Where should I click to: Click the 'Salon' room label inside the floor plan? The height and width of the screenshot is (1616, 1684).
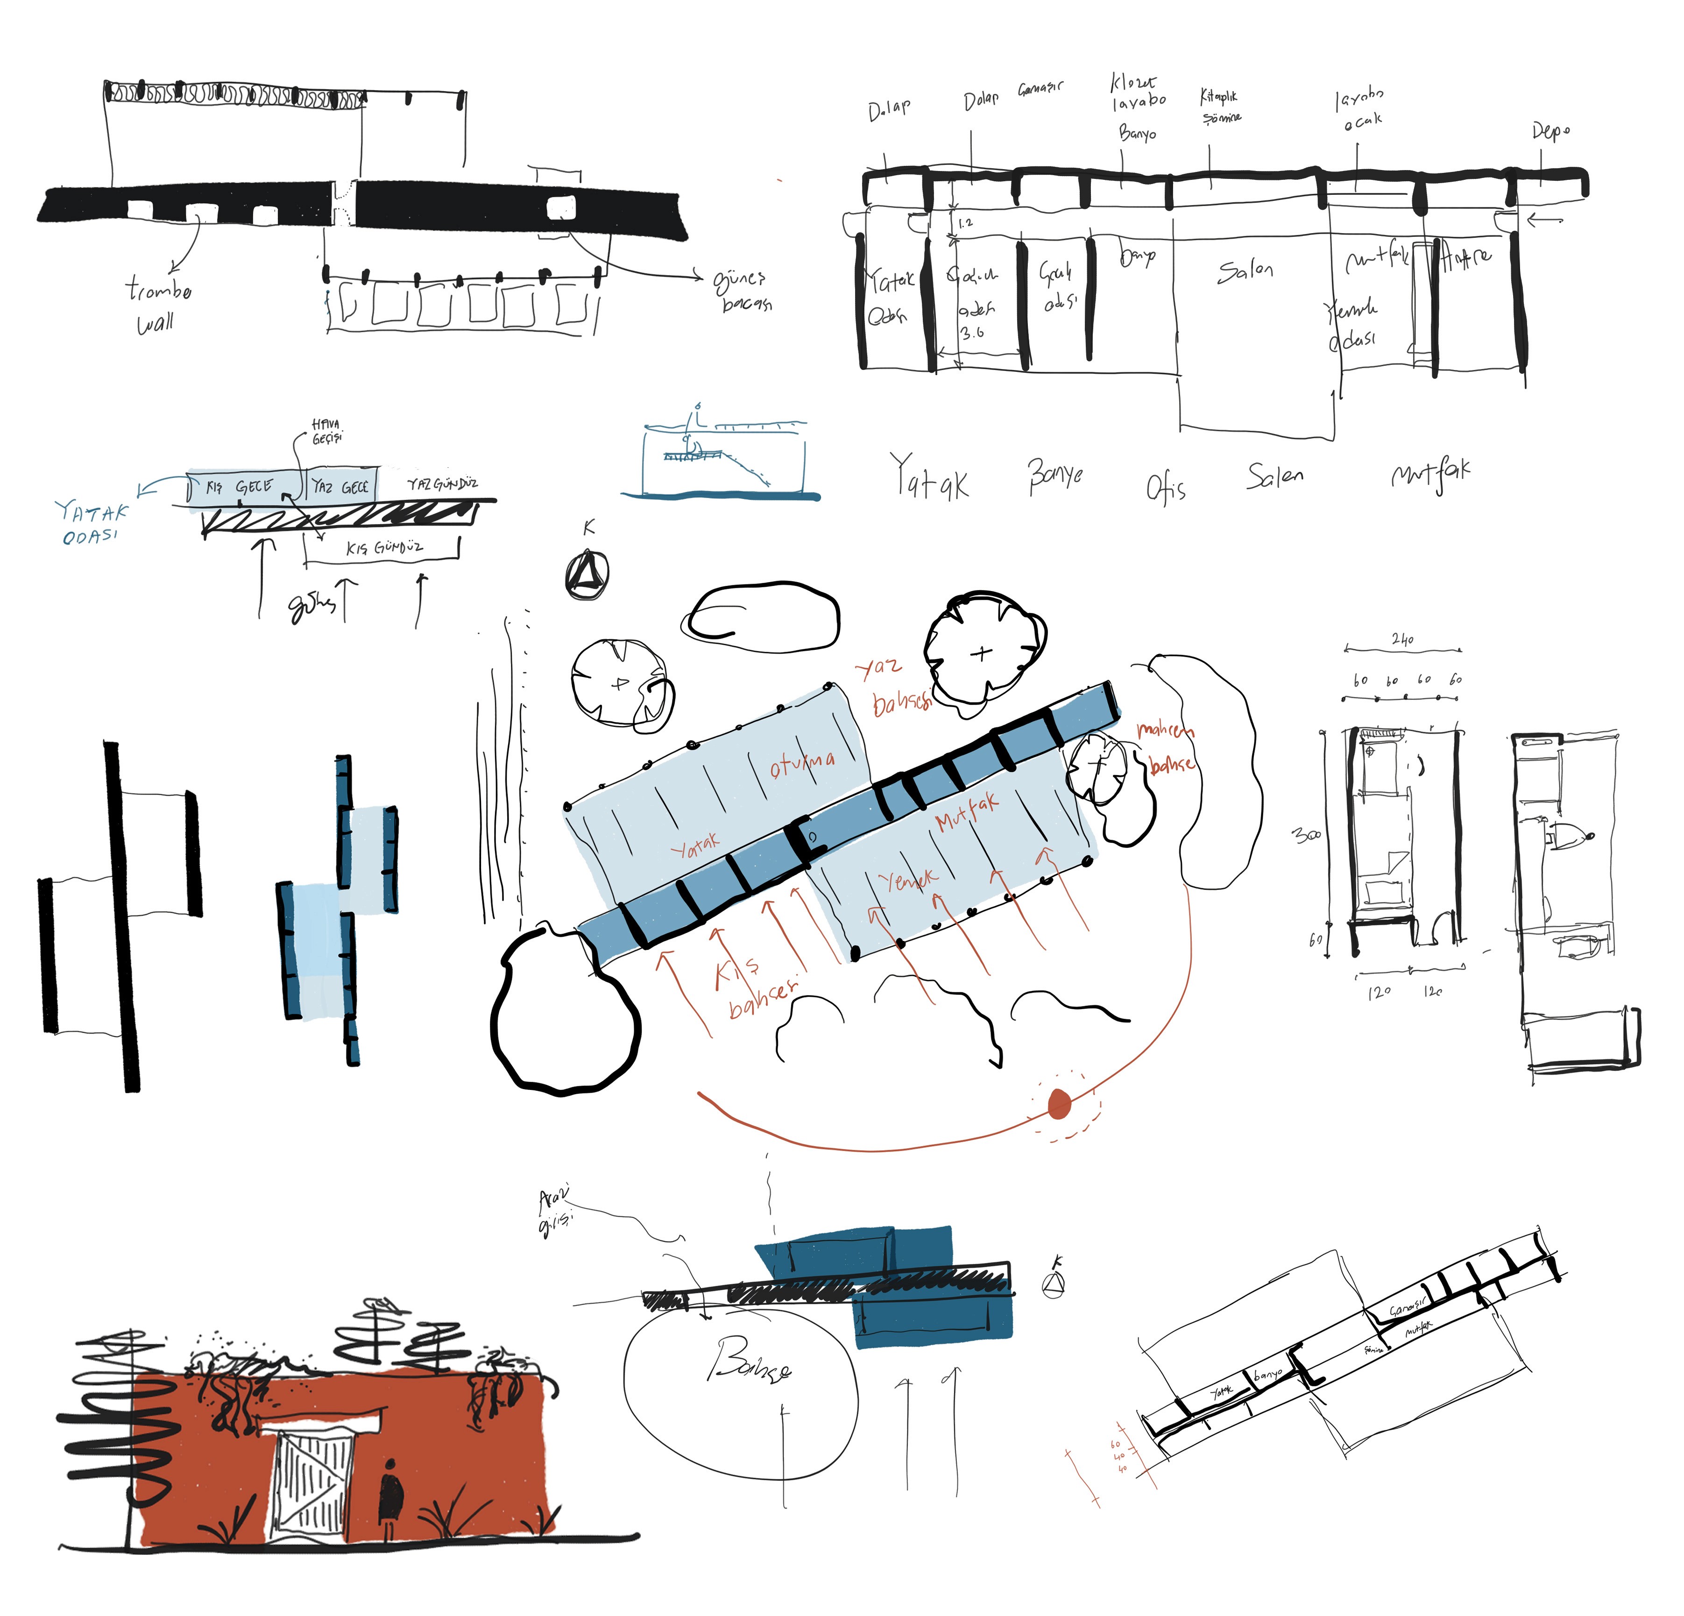[1244, 271]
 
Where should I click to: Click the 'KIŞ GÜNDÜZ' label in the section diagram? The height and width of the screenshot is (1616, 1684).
[384, 548]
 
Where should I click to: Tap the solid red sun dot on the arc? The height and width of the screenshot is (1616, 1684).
[1059, 1104]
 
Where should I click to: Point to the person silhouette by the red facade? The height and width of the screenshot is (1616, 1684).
[391, 1489]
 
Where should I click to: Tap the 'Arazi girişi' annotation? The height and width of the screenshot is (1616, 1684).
[555, 1210]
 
